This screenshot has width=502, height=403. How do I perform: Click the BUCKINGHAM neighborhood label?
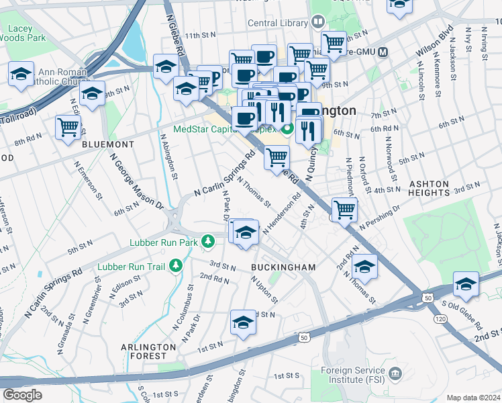coord(283,267)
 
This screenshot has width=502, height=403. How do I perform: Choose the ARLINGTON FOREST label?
coord(148,347)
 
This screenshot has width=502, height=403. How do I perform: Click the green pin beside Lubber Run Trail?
coord(176,266)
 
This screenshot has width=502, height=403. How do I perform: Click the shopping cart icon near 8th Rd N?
coord(68,126)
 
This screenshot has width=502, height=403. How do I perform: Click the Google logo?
coord(22,395)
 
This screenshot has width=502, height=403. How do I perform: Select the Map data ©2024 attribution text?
coord(473,397)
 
